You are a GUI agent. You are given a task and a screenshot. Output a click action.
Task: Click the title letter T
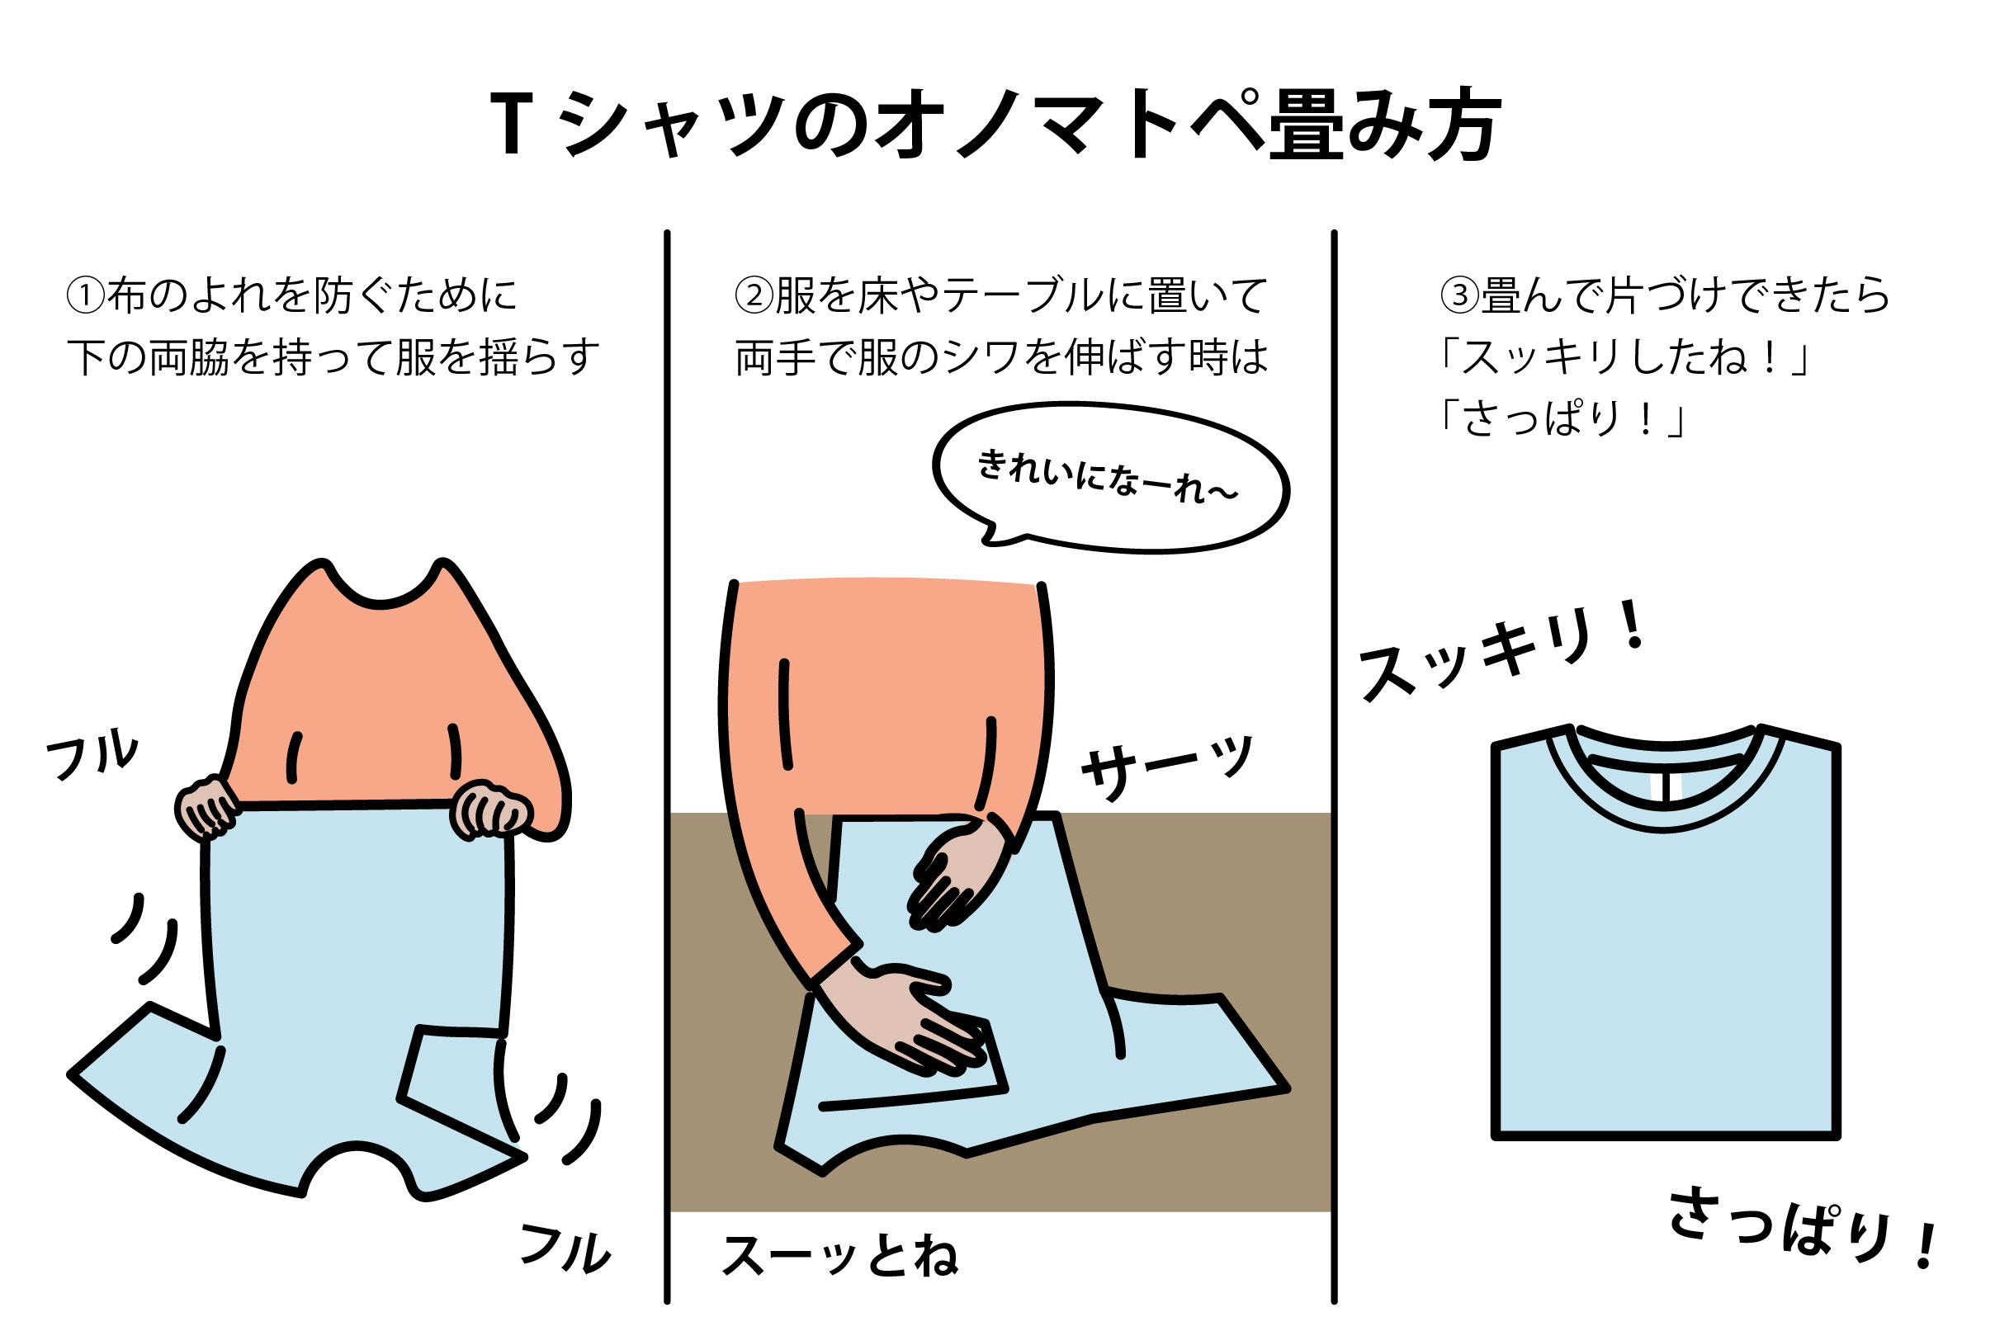pyautogui.click(x=511, y=125)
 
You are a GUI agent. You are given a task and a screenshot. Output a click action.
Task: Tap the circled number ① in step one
pyautogui.click(x=86, y=295)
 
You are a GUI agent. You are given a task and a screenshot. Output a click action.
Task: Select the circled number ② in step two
pyautogui.click(x=754, y=295)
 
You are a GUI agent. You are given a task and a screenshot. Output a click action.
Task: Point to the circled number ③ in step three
pyautogui.click(x=1459, y=295)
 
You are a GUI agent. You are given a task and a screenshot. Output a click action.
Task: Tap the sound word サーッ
pyautogui.click(x=1166, y=767)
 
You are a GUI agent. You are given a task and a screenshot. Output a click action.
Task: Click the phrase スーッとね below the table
pyautogui.click(x=839, y=1255)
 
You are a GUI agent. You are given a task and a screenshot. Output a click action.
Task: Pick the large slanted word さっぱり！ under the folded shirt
pyautogui.click(x=1804, y=1227)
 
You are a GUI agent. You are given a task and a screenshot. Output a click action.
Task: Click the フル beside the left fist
pyautogui.click(x=92, y=753)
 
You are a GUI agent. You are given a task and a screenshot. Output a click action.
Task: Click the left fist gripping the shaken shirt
pyautogui.click(x=206, y=807)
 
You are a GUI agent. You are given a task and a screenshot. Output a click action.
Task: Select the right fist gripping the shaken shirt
pyautogui.click(x=490, y=809)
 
